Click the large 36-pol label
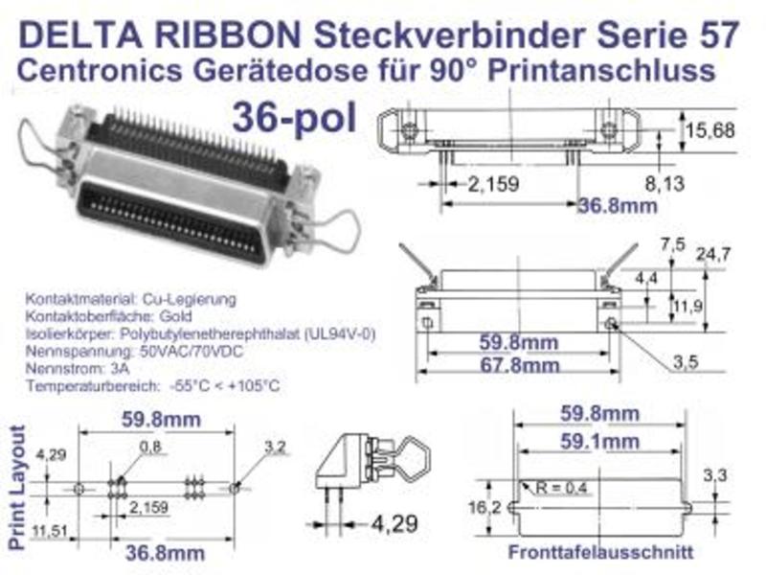pos(295,118)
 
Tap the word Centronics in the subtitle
pos(100,70)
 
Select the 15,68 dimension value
pos(710,130)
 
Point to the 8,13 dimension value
pos(665,184)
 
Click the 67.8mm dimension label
pos(519,365)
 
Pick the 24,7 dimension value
pos(713,254)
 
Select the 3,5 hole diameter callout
pos(686,362)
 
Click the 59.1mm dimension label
pos(599,442)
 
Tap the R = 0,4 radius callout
pos(561,488)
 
